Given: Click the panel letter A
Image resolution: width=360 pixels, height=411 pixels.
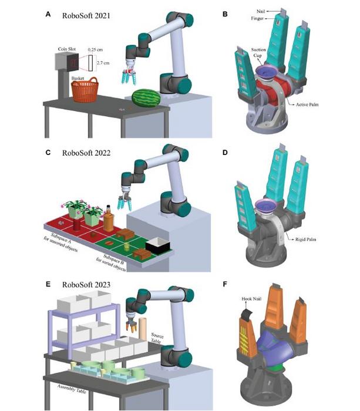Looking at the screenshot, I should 49,15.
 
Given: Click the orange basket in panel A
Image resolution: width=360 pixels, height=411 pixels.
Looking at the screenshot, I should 85,91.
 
